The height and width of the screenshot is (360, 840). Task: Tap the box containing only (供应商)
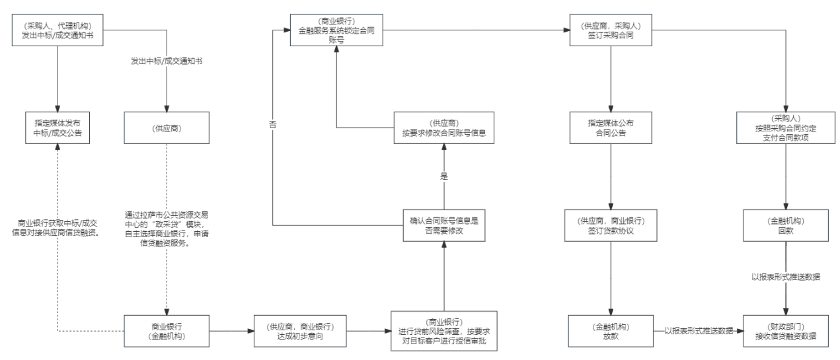tap(166, 128)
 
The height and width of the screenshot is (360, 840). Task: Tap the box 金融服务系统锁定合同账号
tap(337, 30)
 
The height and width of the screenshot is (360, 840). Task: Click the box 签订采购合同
tap(611, 30)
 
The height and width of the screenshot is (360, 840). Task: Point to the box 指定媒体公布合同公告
tap(611, 128)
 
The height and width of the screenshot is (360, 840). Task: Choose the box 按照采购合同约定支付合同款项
tap(785, 128)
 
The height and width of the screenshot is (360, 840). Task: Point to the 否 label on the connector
tap(272, 124)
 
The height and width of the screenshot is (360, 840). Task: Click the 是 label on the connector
tap(444, 176)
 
